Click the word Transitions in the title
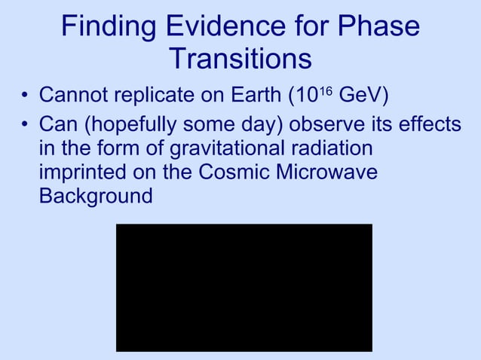(240, 59)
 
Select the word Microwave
(329, 172)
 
